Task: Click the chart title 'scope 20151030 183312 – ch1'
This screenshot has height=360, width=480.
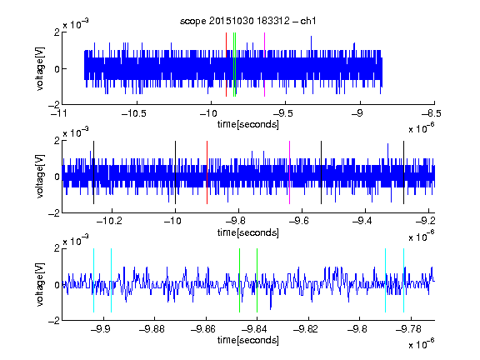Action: coord(247,21)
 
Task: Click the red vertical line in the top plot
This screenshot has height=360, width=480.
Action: coord(226,65)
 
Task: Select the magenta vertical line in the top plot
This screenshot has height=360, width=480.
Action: coord(264,65)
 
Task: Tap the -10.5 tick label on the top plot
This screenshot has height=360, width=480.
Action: coord(134,113)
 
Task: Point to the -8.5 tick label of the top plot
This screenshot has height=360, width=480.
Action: coord(432,113)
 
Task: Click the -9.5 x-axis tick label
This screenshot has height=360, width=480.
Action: coord(283,113)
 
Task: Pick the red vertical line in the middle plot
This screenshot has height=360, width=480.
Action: coord(207,172)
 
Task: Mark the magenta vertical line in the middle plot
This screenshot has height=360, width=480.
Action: coord(290,172)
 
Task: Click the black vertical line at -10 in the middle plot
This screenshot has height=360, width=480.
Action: coord(175,172)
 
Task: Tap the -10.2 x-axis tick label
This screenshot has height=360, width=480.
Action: coord(109,221)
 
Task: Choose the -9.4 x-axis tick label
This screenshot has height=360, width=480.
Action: coord(362,221)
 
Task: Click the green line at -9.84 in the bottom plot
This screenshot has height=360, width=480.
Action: coord(257,280)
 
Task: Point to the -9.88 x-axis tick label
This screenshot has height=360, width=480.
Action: coord(152,329)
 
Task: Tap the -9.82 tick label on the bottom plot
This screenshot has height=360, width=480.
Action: coord(306,329)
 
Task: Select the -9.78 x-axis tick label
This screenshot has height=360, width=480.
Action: coord(408,329)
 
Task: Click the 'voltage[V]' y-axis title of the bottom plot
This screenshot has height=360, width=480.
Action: coord(40,284)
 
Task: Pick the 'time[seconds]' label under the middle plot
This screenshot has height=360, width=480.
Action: coord(248,232)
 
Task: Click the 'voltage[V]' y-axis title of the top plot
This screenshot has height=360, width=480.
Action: coord(40,68)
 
